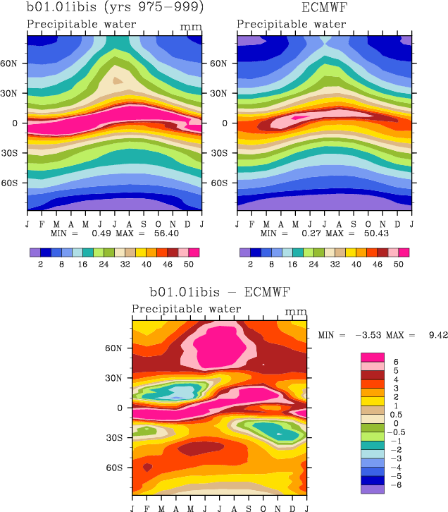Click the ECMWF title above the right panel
click(325, 9)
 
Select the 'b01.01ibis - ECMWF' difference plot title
click(220, 291)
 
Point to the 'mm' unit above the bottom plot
click(296, 311)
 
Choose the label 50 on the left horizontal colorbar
click(187, 262)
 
